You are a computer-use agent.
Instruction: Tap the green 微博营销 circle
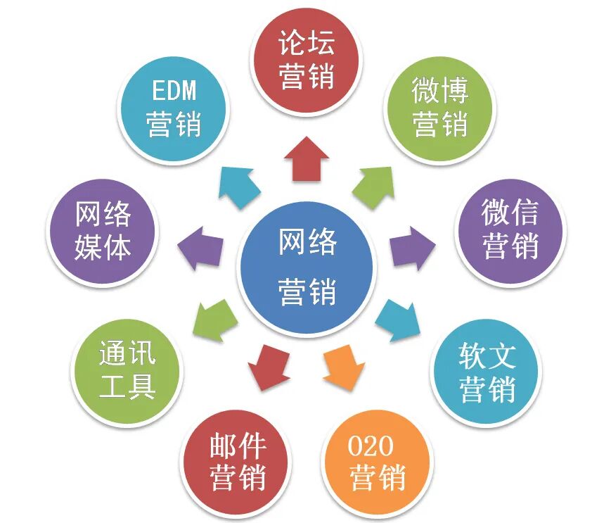pos(440,106)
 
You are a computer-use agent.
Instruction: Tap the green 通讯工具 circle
pos(127,370)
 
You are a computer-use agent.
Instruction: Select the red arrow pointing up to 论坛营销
pos(306,158)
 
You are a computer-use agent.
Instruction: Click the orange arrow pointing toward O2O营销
pos(345,367)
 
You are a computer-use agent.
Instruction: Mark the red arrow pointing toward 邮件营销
pos(269,367)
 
